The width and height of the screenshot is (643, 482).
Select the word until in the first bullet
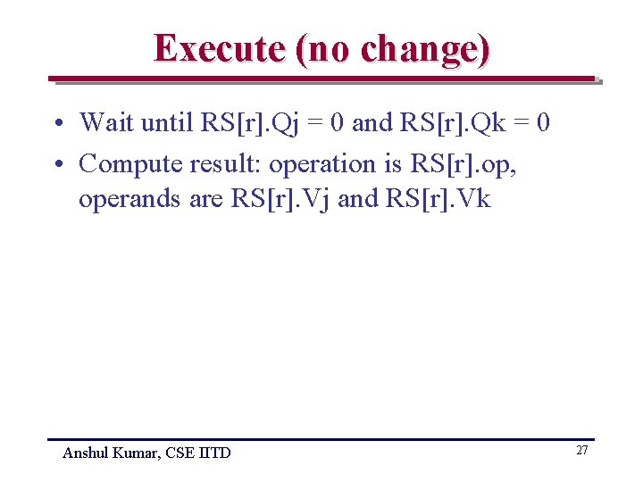(168, 121)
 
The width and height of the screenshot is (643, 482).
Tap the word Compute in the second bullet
(127, 164)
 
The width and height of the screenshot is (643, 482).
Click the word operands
(129, 198)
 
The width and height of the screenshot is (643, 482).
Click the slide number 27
(581, 451)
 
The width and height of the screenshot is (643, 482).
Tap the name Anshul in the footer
(87, 453)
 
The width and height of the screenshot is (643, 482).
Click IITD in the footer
(213, 453)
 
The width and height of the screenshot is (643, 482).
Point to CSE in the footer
(177, 453)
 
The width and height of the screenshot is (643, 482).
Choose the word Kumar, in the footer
(135, 453)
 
